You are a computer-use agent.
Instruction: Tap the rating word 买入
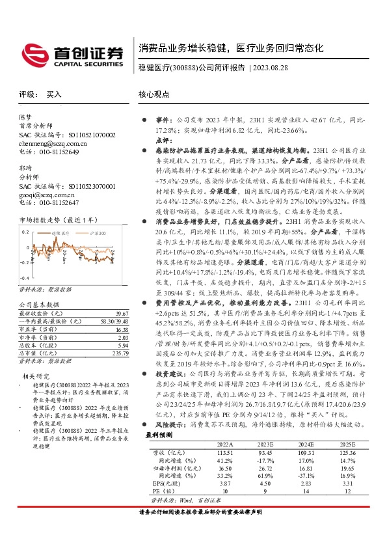[x=54, y=94]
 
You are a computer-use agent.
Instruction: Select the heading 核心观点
[x=155, y=94]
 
